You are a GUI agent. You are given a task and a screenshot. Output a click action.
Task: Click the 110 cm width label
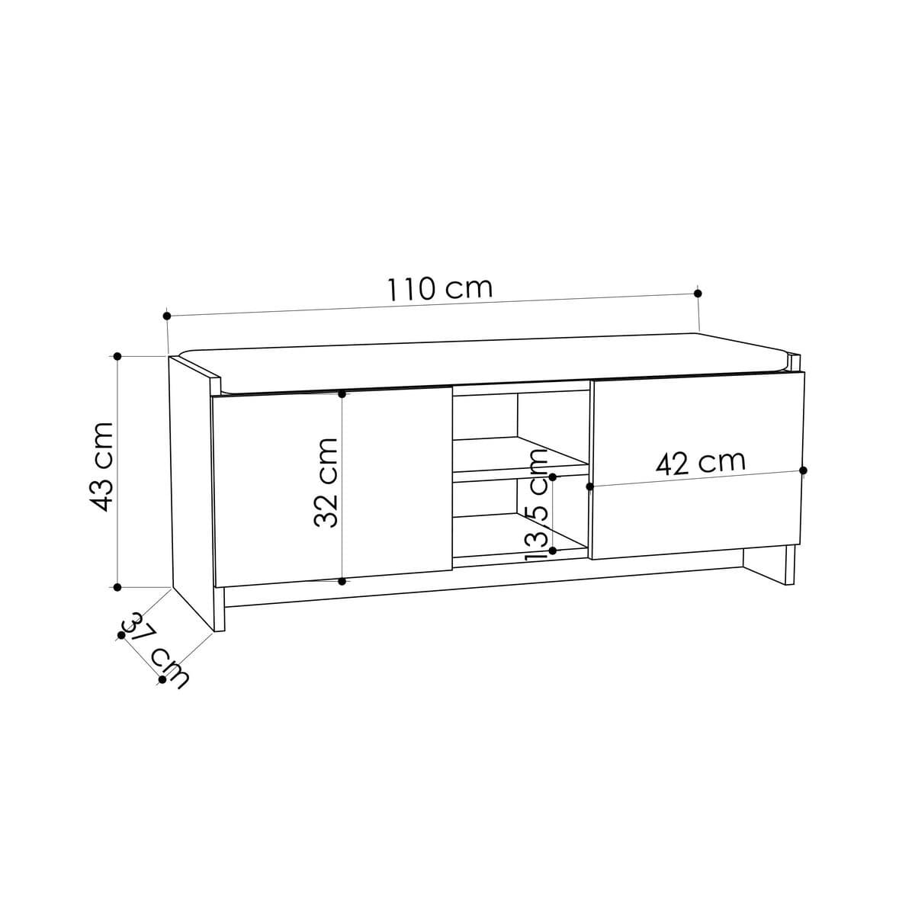tap(440, 289)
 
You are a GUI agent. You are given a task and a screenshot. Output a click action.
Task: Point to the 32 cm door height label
tap(326, 483)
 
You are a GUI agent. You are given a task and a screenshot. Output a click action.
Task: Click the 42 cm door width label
tap(700, 463)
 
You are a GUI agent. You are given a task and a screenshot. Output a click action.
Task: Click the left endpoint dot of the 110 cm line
tap(167, 315)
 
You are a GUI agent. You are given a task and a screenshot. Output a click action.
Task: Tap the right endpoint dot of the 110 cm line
tap(698, 293)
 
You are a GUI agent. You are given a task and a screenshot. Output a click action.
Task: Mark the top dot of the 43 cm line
tap(117, 356)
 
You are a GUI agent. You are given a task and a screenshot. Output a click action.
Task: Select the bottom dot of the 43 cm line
tap(117, 587)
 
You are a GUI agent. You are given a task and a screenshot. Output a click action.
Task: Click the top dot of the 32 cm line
tap(342, 393)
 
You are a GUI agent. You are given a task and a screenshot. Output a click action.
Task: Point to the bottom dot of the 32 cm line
tap(342, 582)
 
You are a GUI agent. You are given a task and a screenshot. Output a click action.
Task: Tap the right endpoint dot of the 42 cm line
tap(804, 470)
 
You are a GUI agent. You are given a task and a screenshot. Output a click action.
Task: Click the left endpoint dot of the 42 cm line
tap(589, 486)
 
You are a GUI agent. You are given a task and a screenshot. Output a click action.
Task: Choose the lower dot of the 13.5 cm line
tap(553, 550)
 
